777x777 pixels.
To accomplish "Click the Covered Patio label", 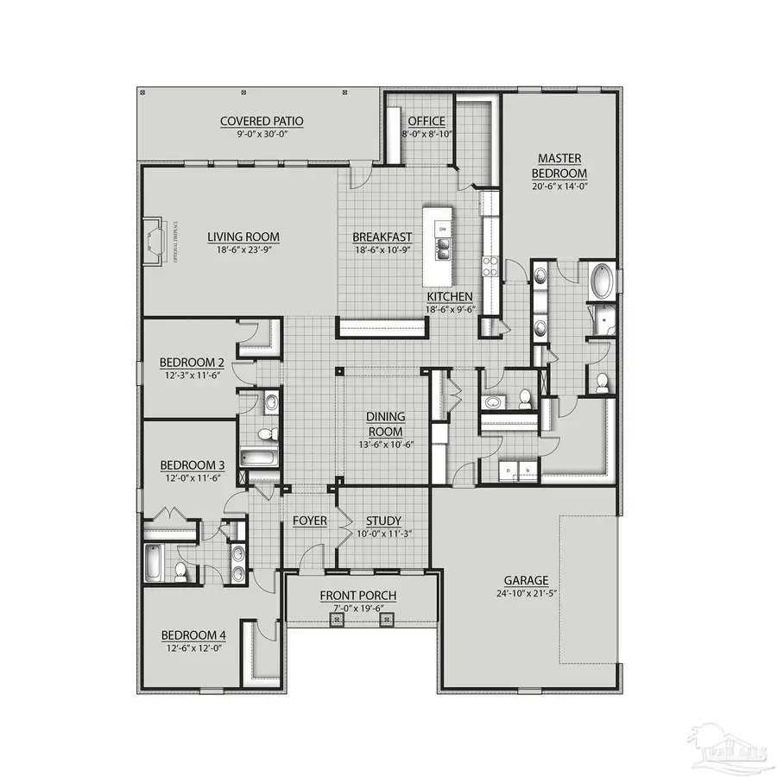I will click(x=261, y=122).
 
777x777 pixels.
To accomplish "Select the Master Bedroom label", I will click(x=559, y=165).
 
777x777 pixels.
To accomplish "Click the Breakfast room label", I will click(x=382, y=237).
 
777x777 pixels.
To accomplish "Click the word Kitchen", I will click(x=449, y=296).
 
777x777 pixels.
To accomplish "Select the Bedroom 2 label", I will click(x=192, y=362).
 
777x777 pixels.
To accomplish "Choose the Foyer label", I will click(x=309, y=521).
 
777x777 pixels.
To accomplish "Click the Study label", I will click(x=382, y=521).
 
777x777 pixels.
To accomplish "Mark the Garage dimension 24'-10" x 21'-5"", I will click(x=528, y=594).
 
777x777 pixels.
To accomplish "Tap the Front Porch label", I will click(x=358, y=596).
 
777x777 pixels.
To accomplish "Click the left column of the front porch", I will click(x=338, y=619).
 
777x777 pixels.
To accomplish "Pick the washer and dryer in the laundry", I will click(x=519, y=471).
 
